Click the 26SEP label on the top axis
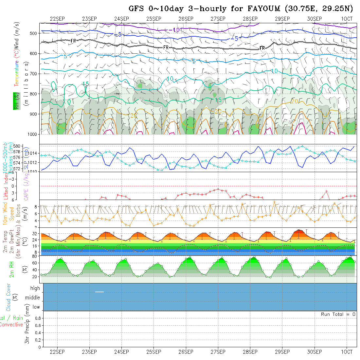(186, 19)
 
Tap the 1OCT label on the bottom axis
(347, 352)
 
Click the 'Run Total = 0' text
(338, 314)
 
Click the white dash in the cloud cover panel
(99, 292)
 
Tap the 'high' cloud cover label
(35, 288)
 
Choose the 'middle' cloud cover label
(33, 297)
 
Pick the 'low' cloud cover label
(36, 307)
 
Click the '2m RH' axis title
(11, 269)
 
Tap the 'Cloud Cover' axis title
(9, 297)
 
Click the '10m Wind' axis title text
(5, 214)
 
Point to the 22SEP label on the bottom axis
(57, 352)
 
